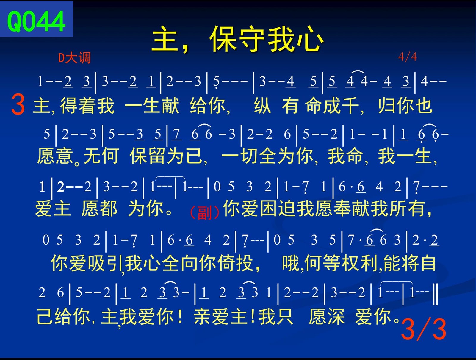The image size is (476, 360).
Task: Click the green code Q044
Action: pos(36,21)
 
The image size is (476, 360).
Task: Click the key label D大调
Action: pos(74,58)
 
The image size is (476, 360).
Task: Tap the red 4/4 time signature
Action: pos(408,57)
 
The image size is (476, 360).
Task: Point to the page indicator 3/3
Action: pos(424,329)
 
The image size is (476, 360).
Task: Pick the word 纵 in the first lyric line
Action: pos(263,106)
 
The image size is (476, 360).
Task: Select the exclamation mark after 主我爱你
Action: pos(180,316)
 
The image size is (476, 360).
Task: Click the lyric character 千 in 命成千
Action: pos(350,106)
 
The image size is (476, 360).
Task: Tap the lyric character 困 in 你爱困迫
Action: pos(268,208)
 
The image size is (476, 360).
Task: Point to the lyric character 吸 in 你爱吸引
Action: pos(96,263)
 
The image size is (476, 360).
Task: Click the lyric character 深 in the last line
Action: pos(336,316)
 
